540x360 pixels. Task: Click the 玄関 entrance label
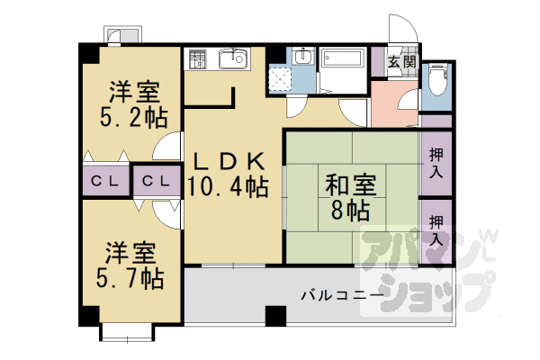[401, 63]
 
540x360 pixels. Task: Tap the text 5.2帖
[134, 117]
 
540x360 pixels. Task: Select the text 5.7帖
[131, 277]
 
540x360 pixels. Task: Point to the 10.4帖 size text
[228, 187]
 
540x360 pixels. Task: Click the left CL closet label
[106, 181]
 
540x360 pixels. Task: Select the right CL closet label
[157, 181]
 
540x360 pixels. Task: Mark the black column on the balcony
[274, 316]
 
